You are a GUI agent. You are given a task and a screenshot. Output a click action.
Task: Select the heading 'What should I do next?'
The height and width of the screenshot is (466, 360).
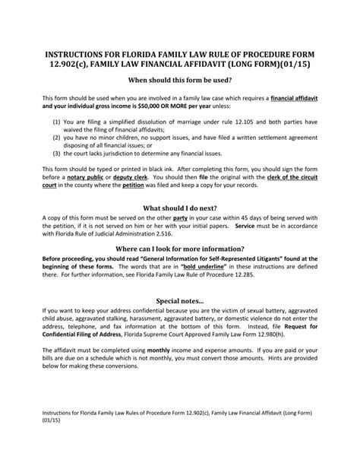(x=180, y=205)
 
